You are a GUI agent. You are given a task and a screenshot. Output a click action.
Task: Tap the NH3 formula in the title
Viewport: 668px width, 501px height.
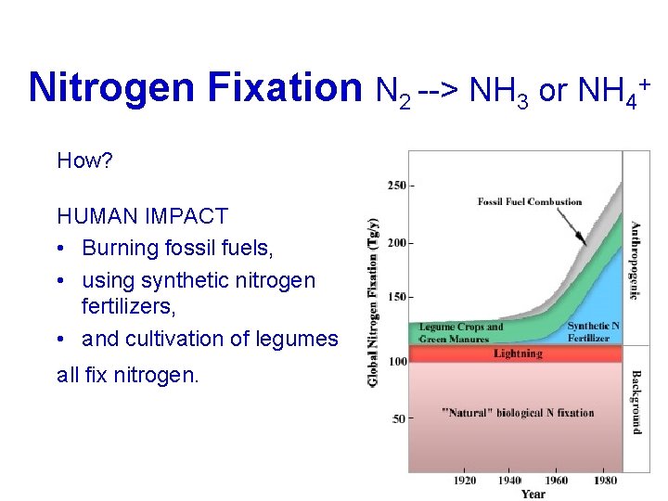(499, 90)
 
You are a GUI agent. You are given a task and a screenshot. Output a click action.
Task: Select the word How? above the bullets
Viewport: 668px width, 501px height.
(84, 161)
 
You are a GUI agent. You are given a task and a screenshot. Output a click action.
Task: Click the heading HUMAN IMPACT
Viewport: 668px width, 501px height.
(142, 217)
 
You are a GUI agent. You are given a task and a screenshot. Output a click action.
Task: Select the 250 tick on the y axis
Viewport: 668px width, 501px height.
(396, 186)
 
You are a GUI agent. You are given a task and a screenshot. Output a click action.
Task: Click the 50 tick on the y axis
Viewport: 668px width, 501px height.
(398, 418)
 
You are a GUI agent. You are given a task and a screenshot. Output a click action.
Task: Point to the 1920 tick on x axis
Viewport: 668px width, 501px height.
(466, 481)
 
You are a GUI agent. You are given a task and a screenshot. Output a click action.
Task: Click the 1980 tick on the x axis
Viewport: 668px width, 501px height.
(606, 481)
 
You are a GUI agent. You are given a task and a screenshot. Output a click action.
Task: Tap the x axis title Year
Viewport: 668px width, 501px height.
(533, 495)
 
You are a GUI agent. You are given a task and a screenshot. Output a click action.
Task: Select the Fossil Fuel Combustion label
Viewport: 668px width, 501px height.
(530, 201)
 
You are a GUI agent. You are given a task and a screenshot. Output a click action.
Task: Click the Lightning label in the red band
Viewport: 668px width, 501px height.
(519, 353)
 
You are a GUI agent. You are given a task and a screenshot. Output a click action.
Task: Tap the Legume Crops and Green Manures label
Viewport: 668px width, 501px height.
(461, 332)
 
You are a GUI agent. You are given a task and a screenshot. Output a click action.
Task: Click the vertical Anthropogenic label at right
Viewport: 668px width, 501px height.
(636, 260)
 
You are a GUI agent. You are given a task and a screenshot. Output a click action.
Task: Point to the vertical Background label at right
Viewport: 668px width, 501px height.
(636, 402)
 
